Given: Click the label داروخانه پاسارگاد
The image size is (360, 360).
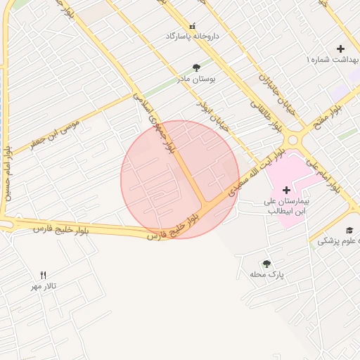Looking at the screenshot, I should click(x=192, y=35).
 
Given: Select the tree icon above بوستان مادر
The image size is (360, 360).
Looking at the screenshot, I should click(x=196, y=67).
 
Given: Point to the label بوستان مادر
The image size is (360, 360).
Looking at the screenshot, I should click(x=197, y=79).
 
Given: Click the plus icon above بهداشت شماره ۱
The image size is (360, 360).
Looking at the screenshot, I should click(x=340, y=49).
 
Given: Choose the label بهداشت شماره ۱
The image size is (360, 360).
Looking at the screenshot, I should click(x=333, y=61).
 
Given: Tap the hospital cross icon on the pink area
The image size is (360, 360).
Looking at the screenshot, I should click(x=286, y=190).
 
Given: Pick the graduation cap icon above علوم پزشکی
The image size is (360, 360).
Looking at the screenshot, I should click(x=349, y=230).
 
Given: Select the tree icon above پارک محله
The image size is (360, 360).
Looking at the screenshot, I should click(x=266, y=264).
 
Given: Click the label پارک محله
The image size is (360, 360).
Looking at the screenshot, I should click(x=266, y=274).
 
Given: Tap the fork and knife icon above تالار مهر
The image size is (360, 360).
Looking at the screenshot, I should click(x=44, y=275).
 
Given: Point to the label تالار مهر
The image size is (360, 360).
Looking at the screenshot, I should click(x=43, y=286).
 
